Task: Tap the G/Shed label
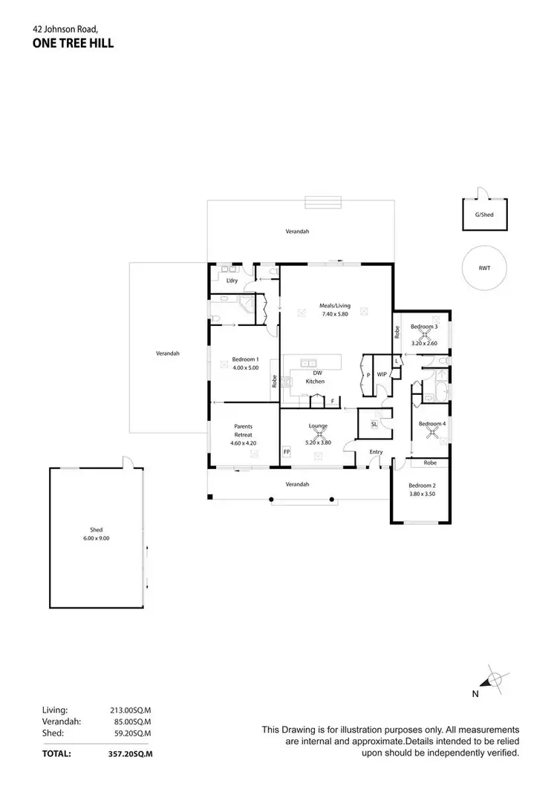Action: pos(484,215)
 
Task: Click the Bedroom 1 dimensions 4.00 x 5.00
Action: pos(245,367)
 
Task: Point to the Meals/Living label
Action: pos(335,306)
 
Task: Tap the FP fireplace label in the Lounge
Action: pos(287,451)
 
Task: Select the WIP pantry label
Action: pos(382,375)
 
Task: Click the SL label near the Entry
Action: pos(374,424)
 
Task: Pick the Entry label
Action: pos(376,451)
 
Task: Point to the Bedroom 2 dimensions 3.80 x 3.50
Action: pos(421,494)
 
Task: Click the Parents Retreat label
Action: pos(244,431)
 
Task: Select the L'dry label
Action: pos(232,281)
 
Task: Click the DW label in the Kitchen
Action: pos(316,373)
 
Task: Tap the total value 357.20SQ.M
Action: pos(130,753)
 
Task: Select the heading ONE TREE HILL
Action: pos(73,43)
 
